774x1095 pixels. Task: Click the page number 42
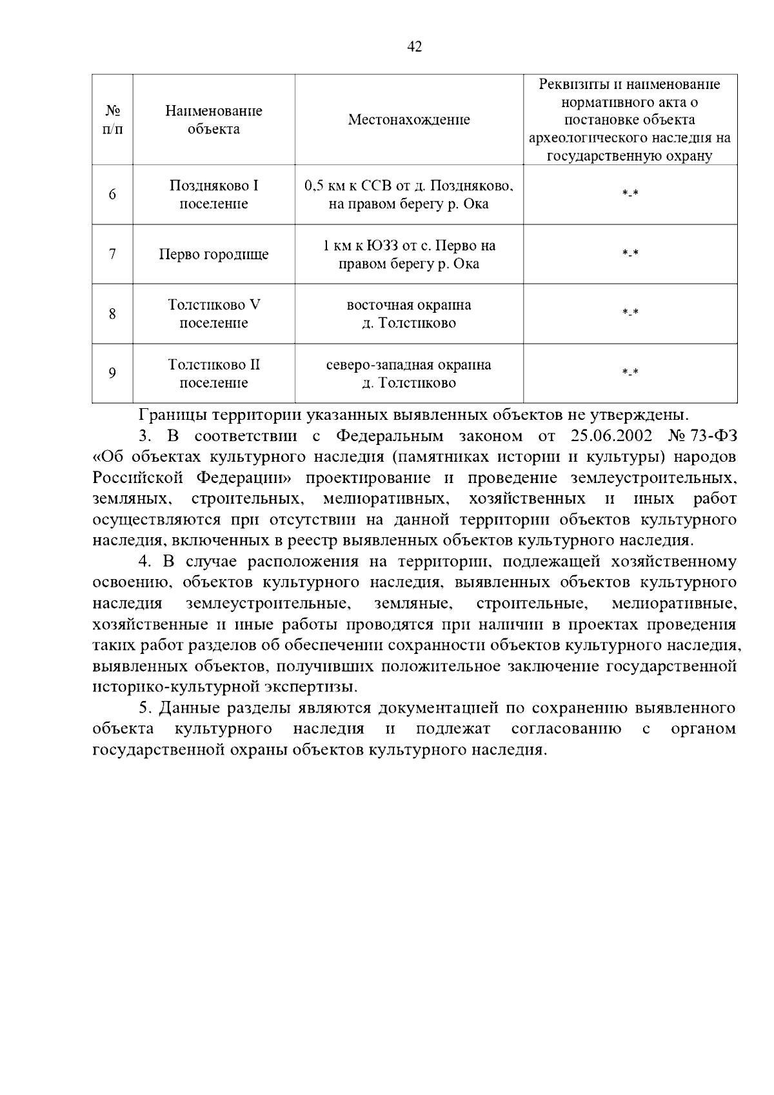pos(415,46)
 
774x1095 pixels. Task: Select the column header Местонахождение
pos(409,120)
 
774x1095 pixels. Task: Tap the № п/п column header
pos(112,120)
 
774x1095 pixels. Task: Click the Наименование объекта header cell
pos(213,120)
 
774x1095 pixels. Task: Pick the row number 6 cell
pos(112,195)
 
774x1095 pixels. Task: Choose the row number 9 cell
pos(112,373)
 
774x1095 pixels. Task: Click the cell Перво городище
pos(213,255)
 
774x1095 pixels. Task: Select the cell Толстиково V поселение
pos(213,313)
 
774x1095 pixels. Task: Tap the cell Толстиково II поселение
pos(213,373)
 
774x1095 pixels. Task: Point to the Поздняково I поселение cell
pos(213,195)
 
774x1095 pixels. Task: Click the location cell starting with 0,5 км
pos(409,195)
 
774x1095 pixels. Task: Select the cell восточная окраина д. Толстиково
pos(409,313)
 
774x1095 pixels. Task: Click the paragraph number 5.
pos(146,708)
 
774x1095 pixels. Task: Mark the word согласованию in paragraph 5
pos(566,729)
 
